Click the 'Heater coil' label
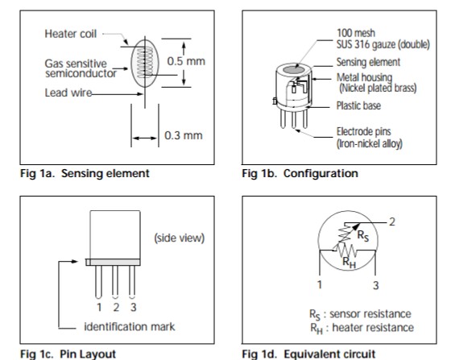coord(71,34)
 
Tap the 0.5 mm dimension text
coord(186,61)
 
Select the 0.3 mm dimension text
coord(184,135)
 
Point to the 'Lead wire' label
coord(68,93)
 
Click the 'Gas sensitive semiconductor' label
coord(81,68)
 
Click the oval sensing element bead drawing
coord(145,64)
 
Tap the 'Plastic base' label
coord(358,106)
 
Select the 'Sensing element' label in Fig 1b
coord(368,62)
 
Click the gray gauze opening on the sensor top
coord(293,70)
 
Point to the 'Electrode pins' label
coord(363,132)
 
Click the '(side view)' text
coord(180,238)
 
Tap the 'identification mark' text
coord(130,327)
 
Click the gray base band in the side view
coord(114,263)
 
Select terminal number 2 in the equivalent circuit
coord(392,222)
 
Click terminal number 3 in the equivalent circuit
coord(376,285)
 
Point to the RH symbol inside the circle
coord(349,263)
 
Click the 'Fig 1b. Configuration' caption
coord(300,173)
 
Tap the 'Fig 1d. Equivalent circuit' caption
coord(308,354)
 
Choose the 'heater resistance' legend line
coord(362,328)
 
